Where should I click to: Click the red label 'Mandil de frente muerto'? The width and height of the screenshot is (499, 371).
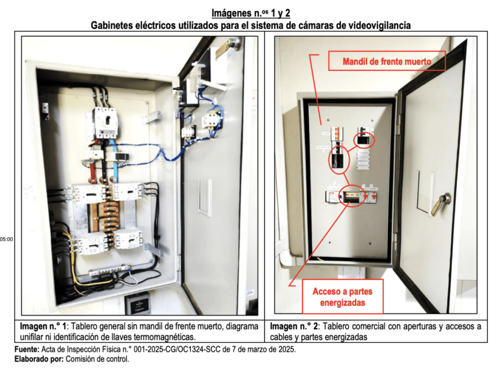pyautogui.click(x=387, y=62)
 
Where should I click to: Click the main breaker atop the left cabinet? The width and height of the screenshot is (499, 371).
pyautogui.click(x=106, y=123)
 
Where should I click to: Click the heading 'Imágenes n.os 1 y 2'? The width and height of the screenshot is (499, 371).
pyautogui.click(x=250, y=13)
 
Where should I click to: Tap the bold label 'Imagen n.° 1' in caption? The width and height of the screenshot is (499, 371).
pyautogui.click(x=45, y=326)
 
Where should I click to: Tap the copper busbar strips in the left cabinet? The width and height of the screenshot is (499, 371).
pyautogui.click(x=106, y=215)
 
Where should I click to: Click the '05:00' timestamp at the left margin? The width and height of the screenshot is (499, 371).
pyautogui.click(x=7, y=239)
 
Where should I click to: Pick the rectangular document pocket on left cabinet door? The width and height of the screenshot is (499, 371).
pyautogui.click(x=205, y=197)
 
